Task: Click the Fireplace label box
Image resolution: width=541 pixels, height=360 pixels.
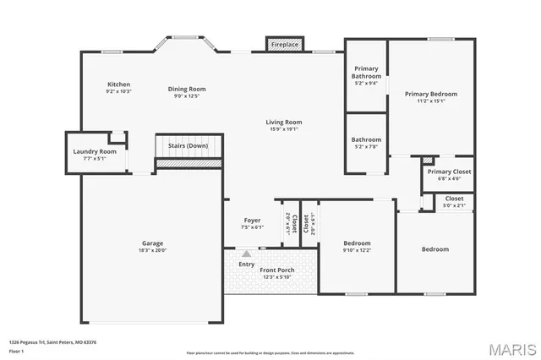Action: coord(284,44)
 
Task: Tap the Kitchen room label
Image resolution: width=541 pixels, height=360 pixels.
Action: coord(118,85)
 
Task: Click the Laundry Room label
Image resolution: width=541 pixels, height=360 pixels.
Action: coord(95,152)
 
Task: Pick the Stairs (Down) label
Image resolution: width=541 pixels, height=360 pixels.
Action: coord(188,145)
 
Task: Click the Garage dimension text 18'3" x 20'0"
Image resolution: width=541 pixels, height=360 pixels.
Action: coord(152,249)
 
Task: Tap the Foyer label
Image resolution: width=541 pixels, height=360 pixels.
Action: coord(253,221)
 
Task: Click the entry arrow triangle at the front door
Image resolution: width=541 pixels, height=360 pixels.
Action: coord(246,253)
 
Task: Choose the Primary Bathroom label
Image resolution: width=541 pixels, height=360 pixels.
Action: coord(366,69)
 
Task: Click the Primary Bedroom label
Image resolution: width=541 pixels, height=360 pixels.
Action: coord(430,94)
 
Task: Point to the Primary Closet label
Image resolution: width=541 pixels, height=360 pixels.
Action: coord(449,172)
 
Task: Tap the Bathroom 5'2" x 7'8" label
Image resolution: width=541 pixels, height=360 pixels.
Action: coord(366,139)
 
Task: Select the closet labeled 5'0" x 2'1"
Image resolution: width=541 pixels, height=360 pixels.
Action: coord(454,202)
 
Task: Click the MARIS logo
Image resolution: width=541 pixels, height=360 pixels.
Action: coord(511,348)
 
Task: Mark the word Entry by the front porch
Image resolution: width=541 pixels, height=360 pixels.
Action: coord(246,263)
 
